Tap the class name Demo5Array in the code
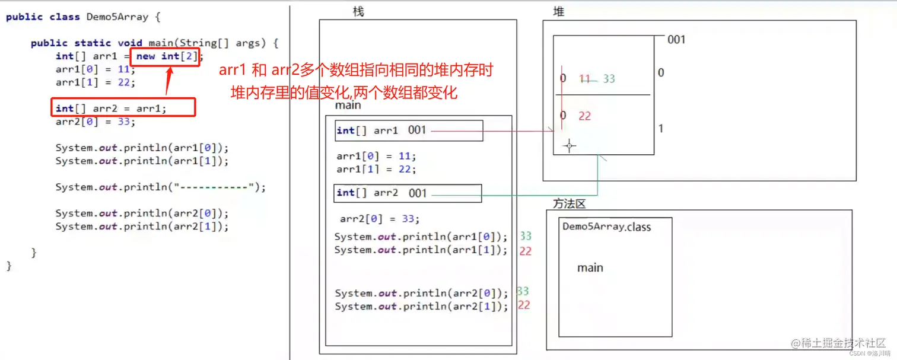117,17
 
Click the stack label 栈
358,12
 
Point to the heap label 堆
558,12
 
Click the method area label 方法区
569,204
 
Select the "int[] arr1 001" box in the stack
409,131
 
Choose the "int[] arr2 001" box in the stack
408,193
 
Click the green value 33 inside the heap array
609,79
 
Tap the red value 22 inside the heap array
585,116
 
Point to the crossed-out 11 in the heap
585,79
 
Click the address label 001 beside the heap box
676,40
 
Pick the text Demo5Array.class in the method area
606,227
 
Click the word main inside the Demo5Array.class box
590,268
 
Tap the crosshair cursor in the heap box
570,146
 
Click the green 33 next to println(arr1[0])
526,237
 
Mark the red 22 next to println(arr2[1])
524,305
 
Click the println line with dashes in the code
161,187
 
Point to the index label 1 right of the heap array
661,129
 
